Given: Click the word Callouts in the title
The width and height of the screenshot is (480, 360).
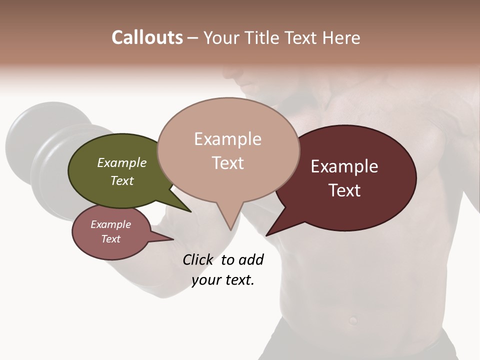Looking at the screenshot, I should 147,37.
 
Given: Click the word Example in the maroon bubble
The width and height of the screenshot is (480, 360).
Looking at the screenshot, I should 344,166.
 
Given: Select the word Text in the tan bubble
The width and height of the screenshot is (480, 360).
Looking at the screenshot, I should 228,163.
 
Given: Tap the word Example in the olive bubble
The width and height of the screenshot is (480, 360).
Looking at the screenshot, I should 122,163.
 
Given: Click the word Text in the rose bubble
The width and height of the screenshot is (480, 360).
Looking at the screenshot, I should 111,239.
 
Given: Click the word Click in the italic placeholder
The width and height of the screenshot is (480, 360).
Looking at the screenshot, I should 198,259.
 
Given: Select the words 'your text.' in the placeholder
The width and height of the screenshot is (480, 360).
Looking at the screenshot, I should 223,280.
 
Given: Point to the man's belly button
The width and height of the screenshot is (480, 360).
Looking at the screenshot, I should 353,318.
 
